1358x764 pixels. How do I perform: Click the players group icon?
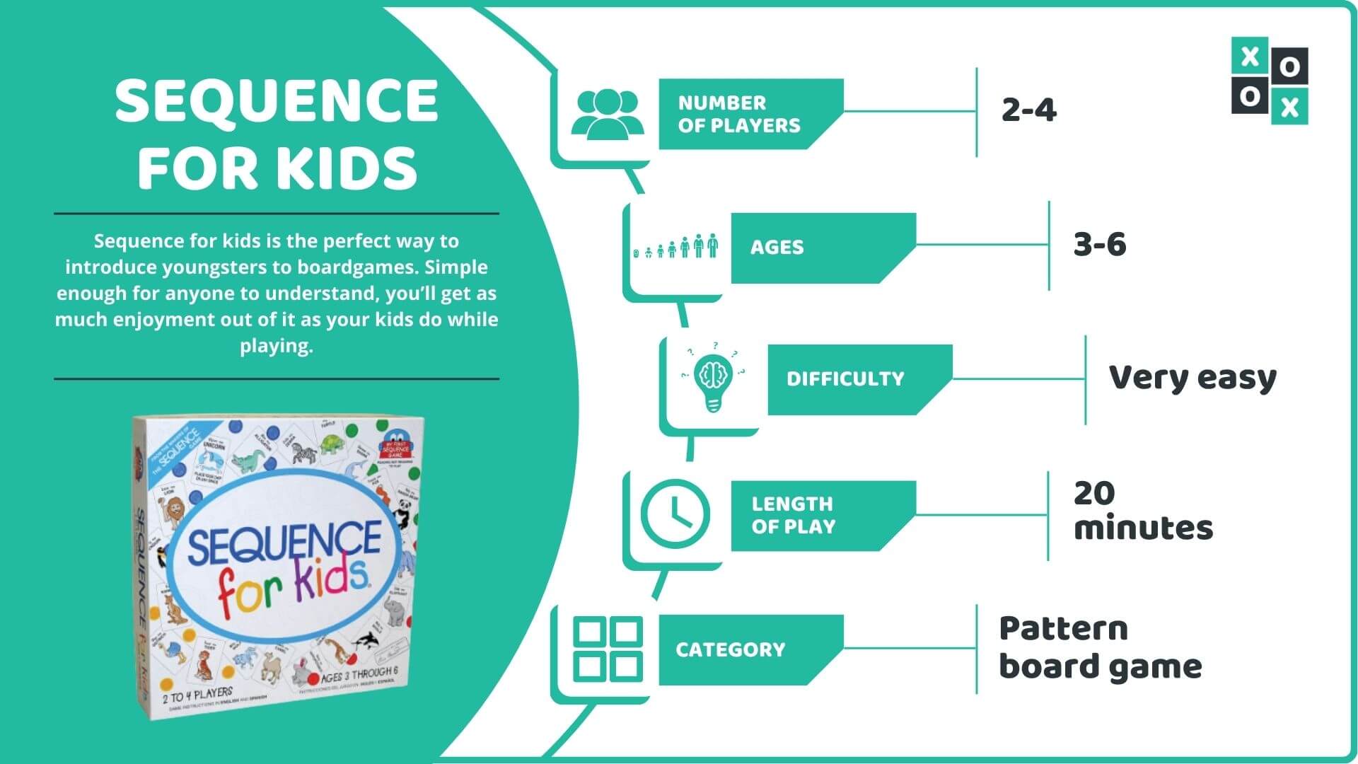tap(607, 113)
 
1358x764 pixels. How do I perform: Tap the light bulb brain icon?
tap(712, 378)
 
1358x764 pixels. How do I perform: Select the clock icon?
tap(675, 514)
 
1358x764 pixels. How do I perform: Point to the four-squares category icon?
tap(608, 649)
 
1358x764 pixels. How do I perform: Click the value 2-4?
tap(1028, 110)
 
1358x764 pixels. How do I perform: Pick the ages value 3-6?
tap(1099, 245)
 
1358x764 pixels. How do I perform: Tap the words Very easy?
tap(1192, 378)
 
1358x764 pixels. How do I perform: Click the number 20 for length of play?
tap(1093, 494)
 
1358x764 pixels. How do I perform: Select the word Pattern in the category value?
tap(1062, 629)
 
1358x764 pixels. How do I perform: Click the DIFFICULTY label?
tap(845, 379)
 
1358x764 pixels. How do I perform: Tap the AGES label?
tap(777, 248)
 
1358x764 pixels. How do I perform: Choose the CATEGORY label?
tap(730, 650)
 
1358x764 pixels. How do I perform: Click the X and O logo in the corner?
tap(1269, 81)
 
